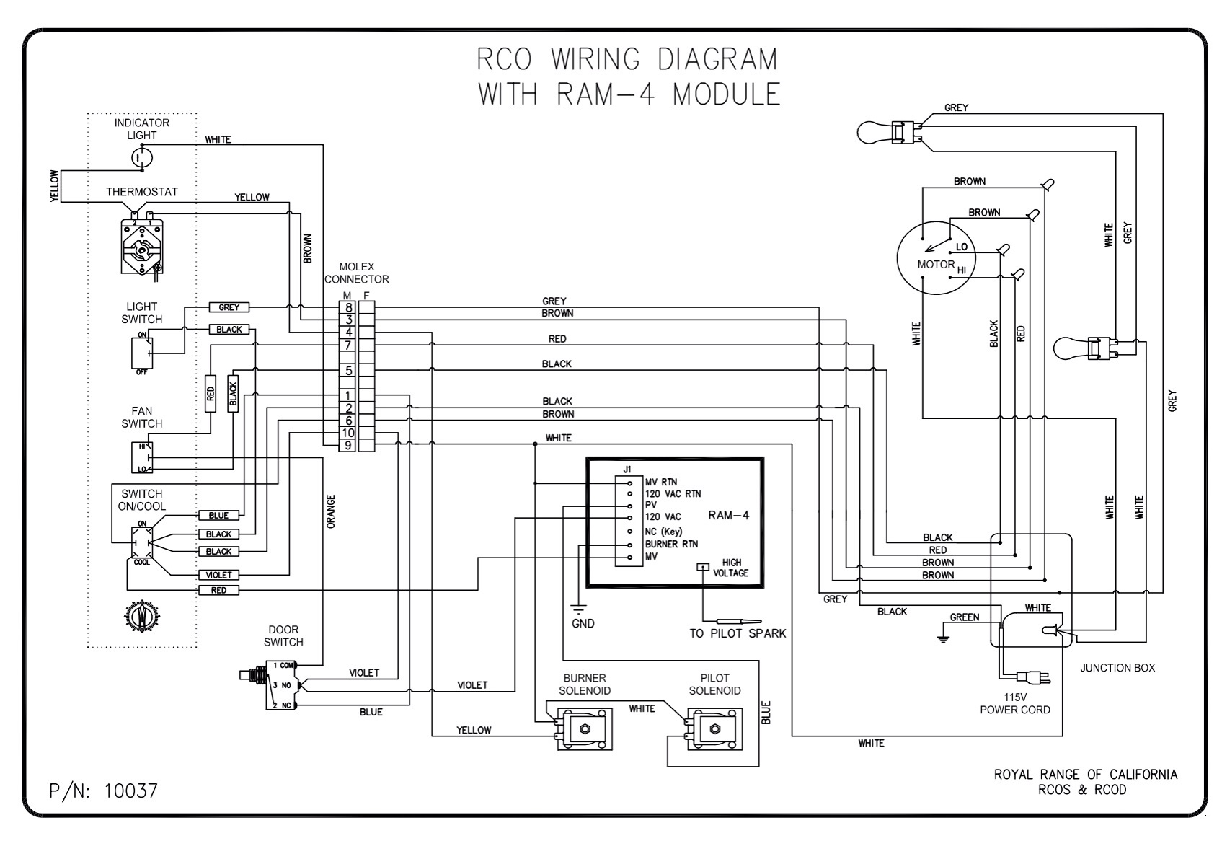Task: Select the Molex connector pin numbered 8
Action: click(347, 307)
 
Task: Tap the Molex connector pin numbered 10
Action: click(347, 433)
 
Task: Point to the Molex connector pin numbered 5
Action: click(347, 371)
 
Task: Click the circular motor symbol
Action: click(936, 257)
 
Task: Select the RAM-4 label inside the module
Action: click(728, 515)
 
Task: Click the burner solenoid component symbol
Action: click(584, 728)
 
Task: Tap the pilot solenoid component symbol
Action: click(714, 728)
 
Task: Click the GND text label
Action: click(583, 623)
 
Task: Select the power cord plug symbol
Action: click(1034, 677)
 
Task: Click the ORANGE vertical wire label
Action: click(331, 511)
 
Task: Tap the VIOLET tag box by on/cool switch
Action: click(218, 575)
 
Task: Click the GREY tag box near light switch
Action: click(229, 307)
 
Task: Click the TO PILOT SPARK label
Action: click(737, 633)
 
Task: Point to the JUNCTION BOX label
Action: click(1117, 668)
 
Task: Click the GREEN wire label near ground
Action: click(964, 617)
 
